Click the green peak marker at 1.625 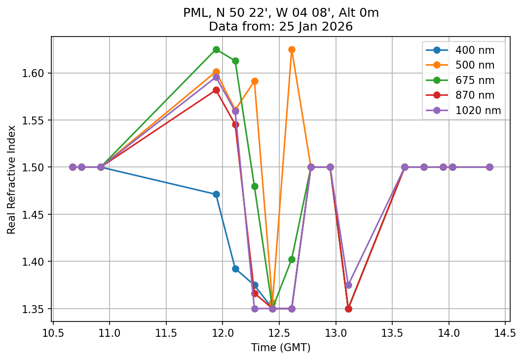click(x=216, y=49)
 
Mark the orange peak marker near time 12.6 click(x=292, y=49)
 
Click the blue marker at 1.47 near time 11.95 click(x=216, y=194)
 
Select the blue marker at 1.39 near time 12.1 click(x=235, y=269)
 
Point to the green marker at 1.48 click(x=255, y=186)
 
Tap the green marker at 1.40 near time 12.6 click(x=292, y=259)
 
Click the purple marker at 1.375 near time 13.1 click(x=348, y=285)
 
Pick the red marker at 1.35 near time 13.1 click(x=348, y=309)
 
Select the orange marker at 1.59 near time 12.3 click(x=255, y=81)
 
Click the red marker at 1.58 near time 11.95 click(x=216, y=90)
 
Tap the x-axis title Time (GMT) click(x=281, y=348)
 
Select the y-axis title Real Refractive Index click(x=11, y=179)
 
